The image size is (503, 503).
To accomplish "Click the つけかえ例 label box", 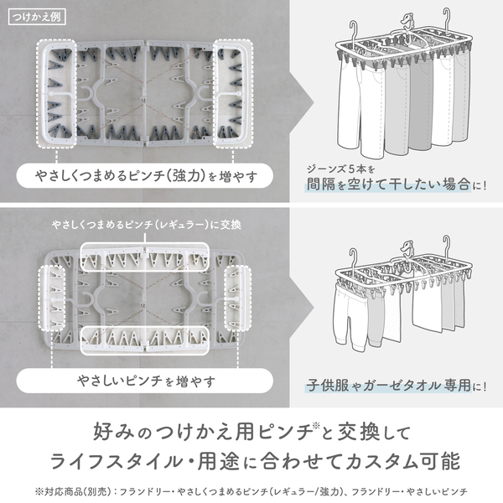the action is (37, 17).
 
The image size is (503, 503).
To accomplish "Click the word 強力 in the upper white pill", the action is (186, 176).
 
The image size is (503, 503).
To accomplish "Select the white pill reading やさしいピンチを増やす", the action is (145, 381).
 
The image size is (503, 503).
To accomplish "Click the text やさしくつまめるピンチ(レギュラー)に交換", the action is (147, 225).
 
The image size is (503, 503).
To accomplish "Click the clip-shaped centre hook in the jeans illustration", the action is (407, 22).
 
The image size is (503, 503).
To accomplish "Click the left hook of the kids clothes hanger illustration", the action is (353, 259).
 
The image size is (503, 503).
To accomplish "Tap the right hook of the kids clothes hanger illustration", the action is (447, 247).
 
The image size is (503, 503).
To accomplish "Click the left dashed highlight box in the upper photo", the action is (56, 94).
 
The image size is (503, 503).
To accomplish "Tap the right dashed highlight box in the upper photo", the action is (233, 94).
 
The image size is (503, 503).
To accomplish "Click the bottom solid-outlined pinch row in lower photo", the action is (145, 340).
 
